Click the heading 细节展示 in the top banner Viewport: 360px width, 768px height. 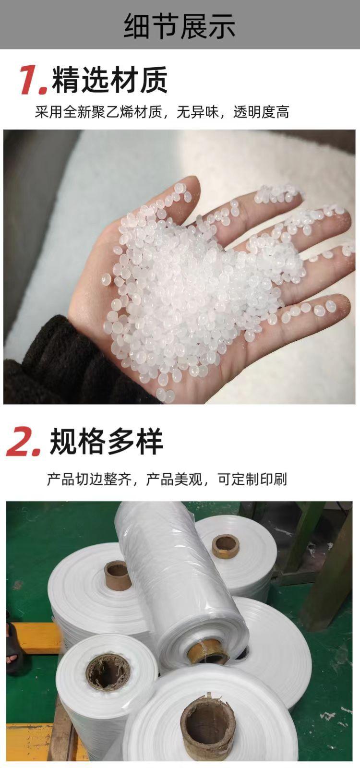pyautogui.click(x=180, y=25)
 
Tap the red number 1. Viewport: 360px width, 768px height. pyautogui.click(x=33, y=80)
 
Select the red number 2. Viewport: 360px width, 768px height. pyautogui.click(x=23, y=443)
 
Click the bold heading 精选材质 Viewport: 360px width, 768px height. pyautogui.click(x=110, y=80)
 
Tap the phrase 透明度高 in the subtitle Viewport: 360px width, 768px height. pyautogui.click(x=261, y=113)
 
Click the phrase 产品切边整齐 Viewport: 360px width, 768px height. pyautogui.click(x=89, y=479)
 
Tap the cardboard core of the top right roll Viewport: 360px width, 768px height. pyautogui.click(x=226, y=545)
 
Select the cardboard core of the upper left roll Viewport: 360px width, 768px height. pyautogui.click(x=118, y=575)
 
